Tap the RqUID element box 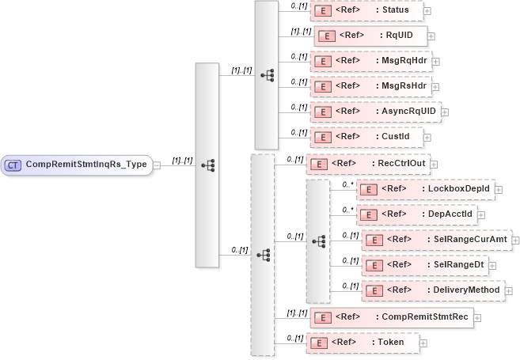(370, 36)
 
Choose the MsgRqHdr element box (370, 60)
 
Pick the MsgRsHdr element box (370, 85)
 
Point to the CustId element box (366, 137)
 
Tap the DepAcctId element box (416, 214)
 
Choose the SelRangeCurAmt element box (436, 239)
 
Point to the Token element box (362, 343)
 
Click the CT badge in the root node (13, 165)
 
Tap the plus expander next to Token (423, 343)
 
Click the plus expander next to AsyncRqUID (444, 112)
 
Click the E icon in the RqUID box (325, 36)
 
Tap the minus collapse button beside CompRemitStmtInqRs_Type (157, 165)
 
